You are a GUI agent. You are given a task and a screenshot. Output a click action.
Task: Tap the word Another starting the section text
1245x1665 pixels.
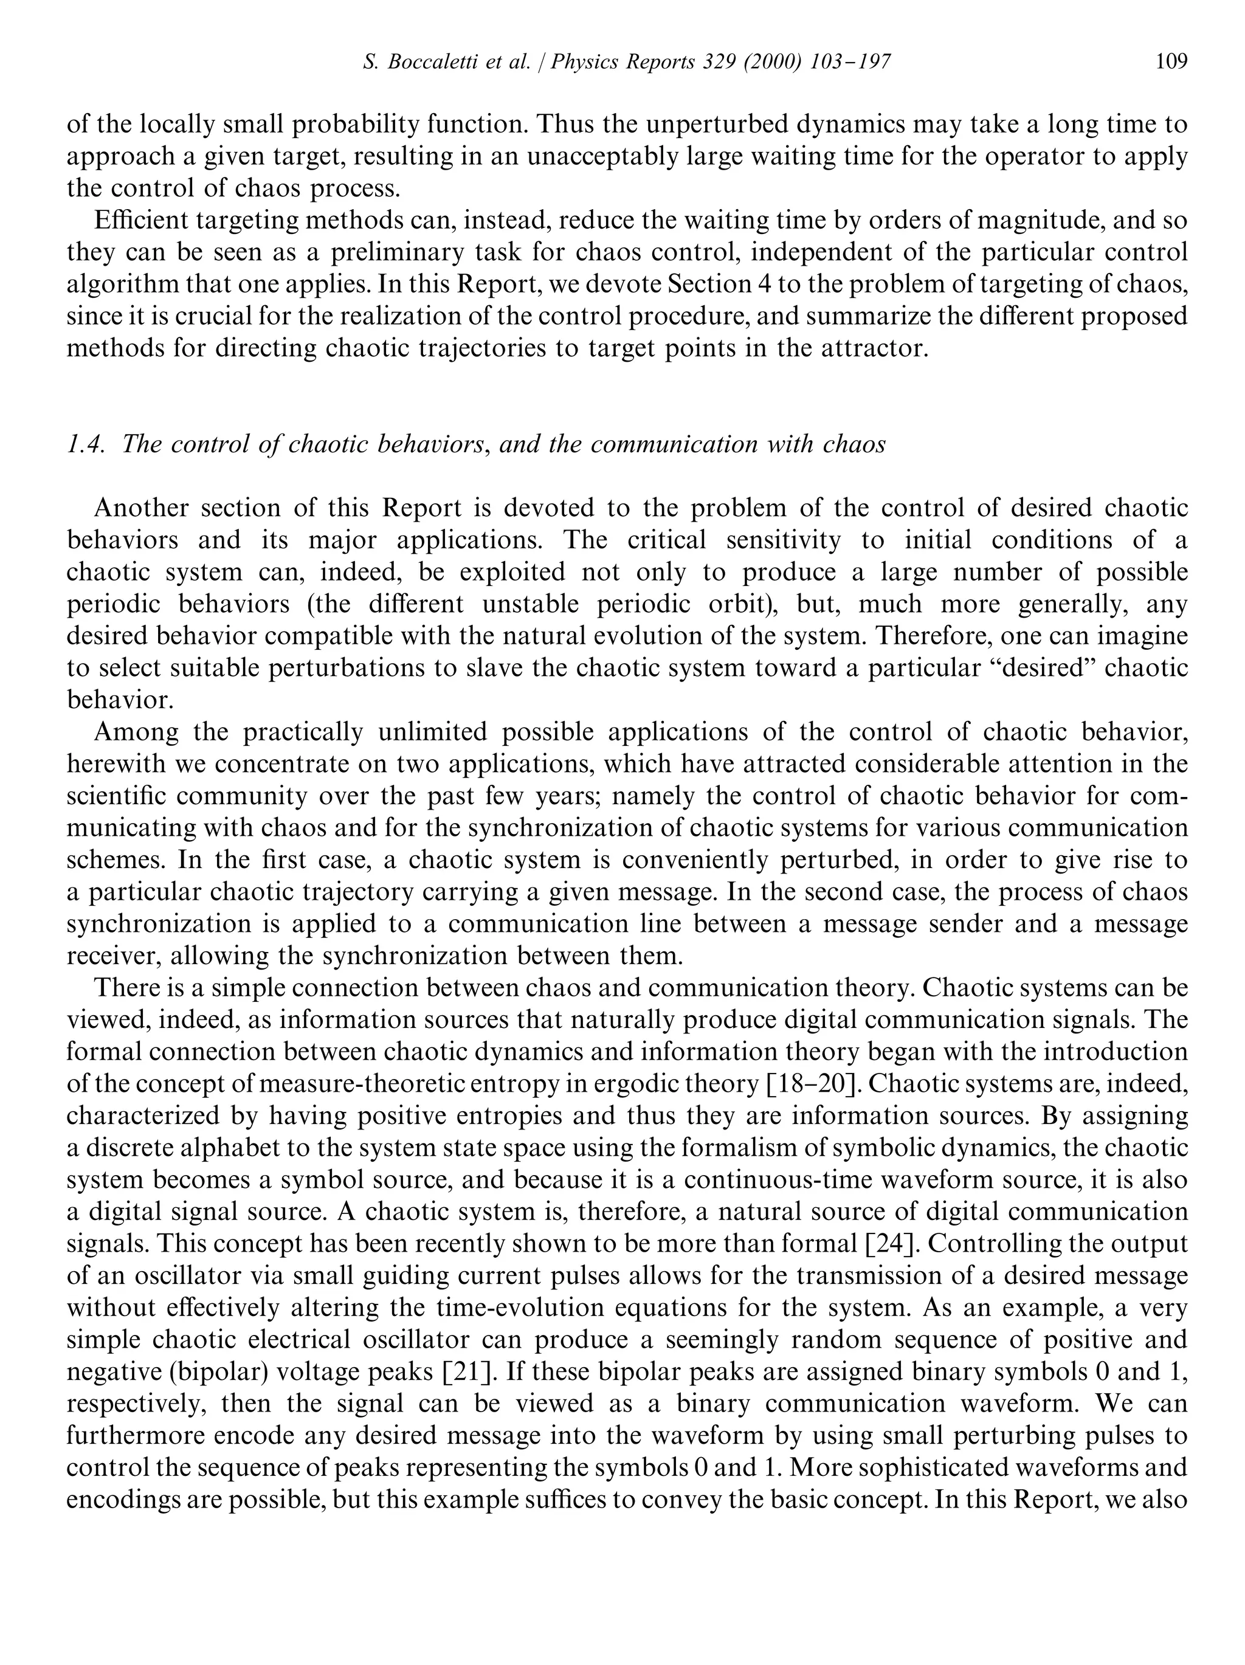[x=141, y=508]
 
